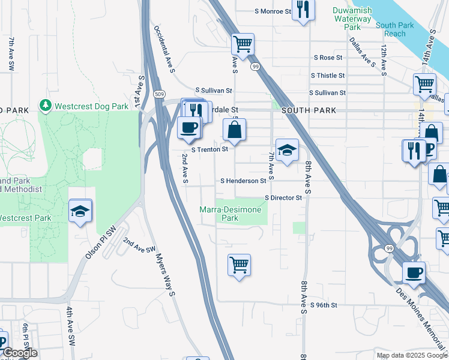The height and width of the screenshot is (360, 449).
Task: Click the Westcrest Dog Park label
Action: tap(91, 106)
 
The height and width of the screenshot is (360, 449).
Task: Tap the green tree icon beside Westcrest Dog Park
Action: tap(46, 106)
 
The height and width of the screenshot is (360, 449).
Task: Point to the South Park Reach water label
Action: tap(394, 29)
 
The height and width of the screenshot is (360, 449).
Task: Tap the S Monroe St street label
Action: tap(273, 11)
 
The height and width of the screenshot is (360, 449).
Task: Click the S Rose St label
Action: tap(328, 58)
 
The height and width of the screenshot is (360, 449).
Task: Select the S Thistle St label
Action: tap(327, 76)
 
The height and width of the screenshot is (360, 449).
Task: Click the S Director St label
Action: tap(283, 197)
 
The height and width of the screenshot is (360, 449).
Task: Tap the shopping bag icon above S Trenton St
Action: tap(235, 129)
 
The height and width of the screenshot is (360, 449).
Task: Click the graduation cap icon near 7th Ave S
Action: tap(287, 149)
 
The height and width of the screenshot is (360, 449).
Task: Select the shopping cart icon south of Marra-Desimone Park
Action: tap(239, 264)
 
